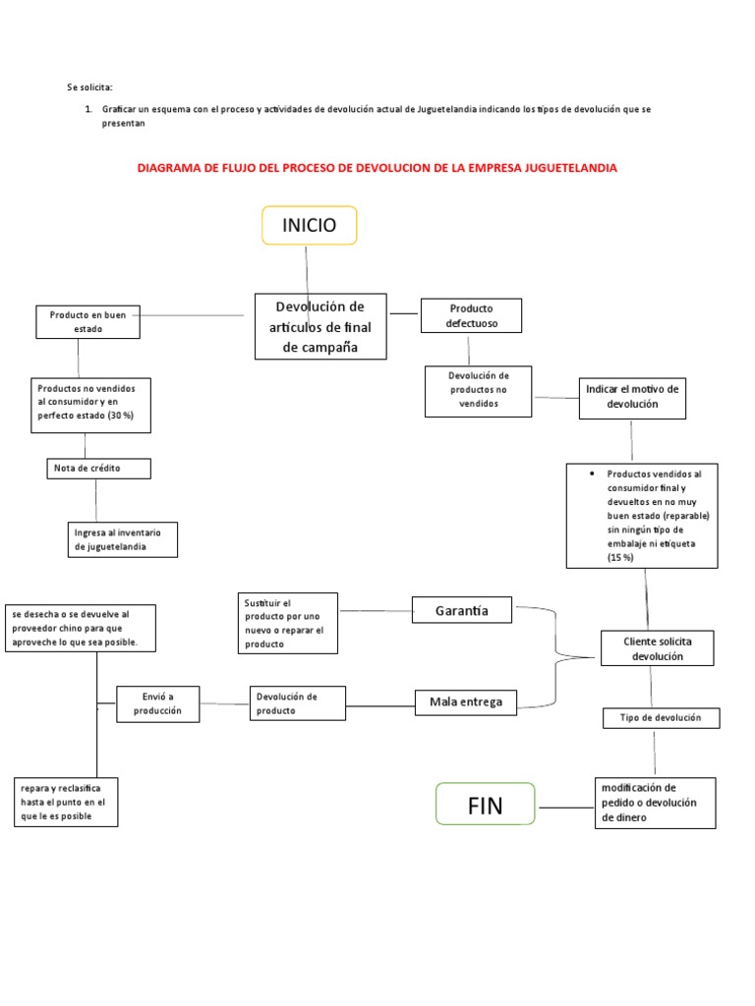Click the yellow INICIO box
click(x=309, y=225)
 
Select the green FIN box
click(x=485, y=807)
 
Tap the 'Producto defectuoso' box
click(x=471, y=315)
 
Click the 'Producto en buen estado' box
click(x=87, y=321)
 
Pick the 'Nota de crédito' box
click(x=98, y=469)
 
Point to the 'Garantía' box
click(x=462, y=610)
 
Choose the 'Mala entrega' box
click(x=465, y=701)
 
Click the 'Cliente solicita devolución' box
click(x=657, y=648)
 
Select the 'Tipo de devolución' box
click(x=661, y=718)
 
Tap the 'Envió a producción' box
click(x=156, y=703)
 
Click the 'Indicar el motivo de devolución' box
click(x=632, y=396)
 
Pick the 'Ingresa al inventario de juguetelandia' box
click(x=123, y=539)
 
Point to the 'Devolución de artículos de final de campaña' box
click(x=320, y=327)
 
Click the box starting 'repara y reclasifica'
click(x=66, y=802)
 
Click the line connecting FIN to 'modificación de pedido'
click(x=565, y=808)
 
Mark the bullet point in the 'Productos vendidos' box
click(x=593, y=474)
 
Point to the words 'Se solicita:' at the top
click(x=90, y=88)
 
